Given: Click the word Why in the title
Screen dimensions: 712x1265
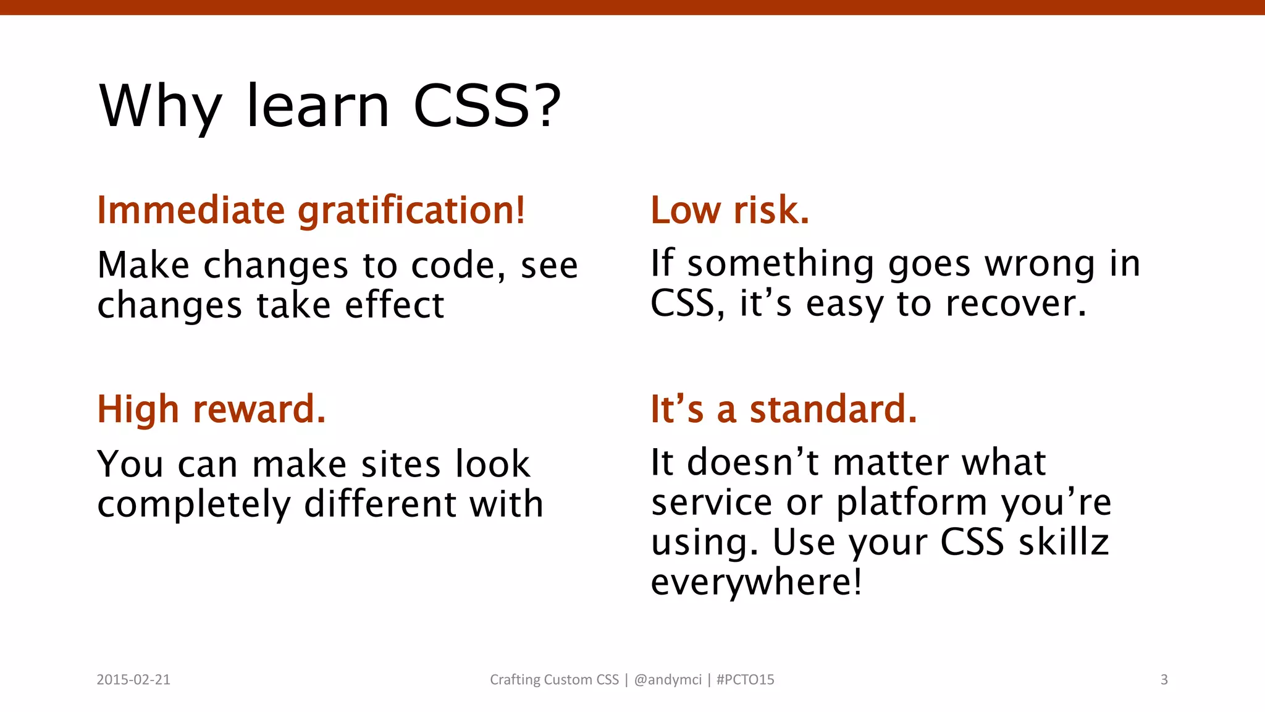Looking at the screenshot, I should tap(160, 107).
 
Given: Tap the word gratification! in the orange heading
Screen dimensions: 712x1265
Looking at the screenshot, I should tap(411, 211).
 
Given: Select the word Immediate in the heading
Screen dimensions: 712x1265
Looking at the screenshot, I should tap(191, 210).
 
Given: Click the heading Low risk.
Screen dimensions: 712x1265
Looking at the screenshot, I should tap(729, 210).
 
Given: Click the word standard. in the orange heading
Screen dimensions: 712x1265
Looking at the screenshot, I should tap(833, 409).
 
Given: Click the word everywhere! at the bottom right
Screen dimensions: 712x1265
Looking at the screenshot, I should tap(756, 582).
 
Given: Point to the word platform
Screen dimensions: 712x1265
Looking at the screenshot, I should tap(912, 502).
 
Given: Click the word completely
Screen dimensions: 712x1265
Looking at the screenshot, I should tap(194, 505).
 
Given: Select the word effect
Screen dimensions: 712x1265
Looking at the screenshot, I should tap(394, 305).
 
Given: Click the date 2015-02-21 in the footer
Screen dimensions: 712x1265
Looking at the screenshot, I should tap(133, 680).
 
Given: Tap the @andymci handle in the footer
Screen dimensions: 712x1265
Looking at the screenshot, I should tap(668, 680).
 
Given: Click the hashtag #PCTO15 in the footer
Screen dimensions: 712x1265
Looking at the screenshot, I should tap(745, 680).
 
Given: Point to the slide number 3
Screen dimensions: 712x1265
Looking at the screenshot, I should tap(1164, 680).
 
